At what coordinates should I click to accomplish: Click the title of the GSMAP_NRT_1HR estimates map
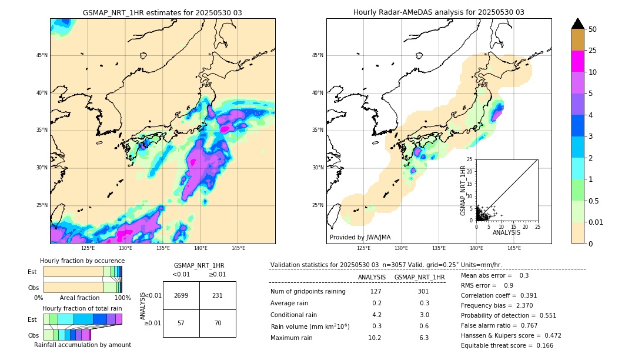(x=162, y=12)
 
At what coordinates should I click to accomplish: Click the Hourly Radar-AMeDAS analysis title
(x=439, y=12)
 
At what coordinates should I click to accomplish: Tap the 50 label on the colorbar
(x=593, y=29)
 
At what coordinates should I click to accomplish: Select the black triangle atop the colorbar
(x=578, y=24)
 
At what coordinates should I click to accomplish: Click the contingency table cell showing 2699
(x=181, y=295)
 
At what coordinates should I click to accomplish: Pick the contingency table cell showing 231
(x=217, y=295)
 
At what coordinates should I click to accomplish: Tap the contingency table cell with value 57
(x=181, y=323)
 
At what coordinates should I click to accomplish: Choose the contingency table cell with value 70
(x=217, y=323)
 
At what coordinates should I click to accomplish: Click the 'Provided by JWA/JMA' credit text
(x=360, y=237)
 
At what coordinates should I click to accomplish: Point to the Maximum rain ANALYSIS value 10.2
(x=375, y=338)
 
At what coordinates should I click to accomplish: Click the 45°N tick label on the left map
(x=41, y=55)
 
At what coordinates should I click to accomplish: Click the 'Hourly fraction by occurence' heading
(x=82, y=261)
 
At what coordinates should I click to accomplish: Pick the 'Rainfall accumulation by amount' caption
(x=82, y=345)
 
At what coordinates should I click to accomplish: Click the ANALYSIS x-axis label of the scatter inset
(x=506, y=232)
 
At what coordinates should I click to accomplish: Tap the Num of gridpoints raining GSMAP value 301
(x=423, y=291)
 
